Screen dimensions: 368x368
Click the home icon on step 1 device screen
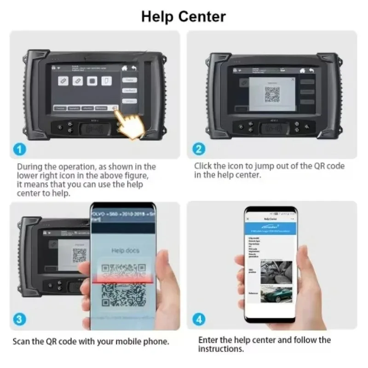(x=124, y=68)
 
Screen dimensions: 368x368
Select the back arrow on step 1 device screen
(x=134, y=68)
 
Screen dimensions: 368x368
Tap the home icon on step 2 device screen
(x=302, y=70)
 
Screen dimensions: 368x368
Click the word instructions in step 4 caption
(x=217, y=349)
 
